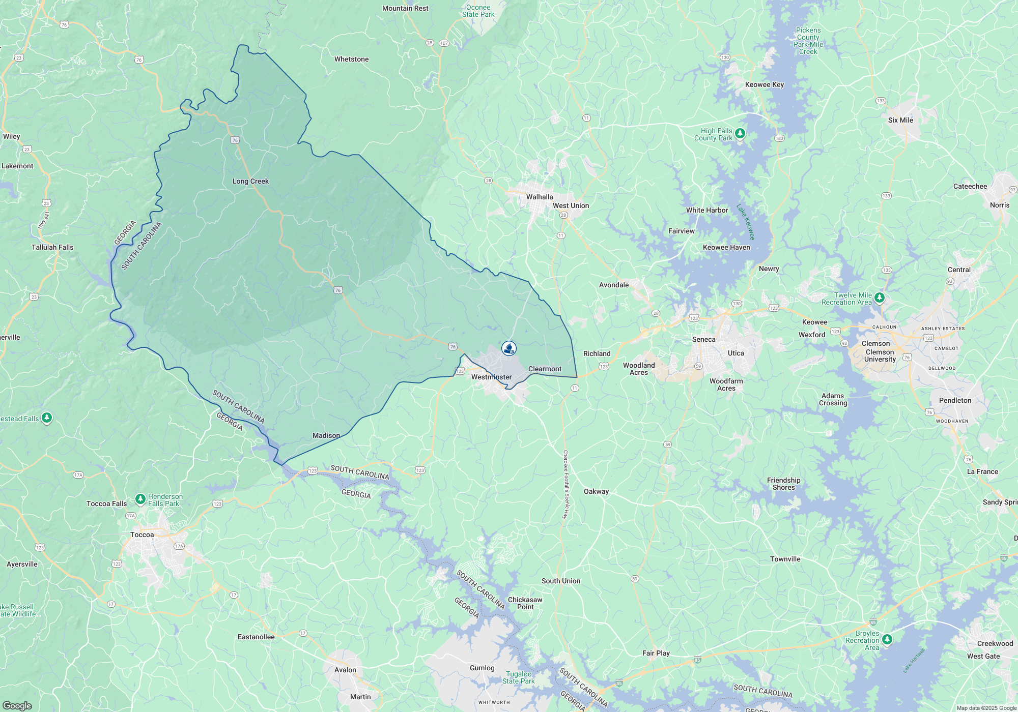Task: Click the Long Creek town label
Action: click(250, 182)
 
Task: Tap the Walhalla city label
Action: click(540, 197)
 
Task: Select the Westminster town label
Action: click(491, 377)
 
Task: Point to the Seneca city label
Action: click(703, 340)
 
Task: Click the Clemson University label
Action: click(880, 355)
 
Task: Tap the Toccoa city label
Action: click(142, 535)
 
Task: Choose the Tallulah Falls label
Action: click(52, 248)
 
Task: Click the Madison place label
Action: click(326, 436)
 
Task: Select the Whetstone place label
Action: click(351, 60)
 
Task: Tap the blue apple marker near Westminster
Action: click(509, 348)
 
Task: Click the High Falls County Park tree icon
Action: click(740, 134)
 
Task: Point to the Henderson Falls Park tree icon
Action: click(140, 499)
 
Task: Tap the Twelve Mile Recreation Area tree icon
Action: click(880, 298)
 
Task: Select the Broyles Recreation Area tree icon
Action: click(887, 639)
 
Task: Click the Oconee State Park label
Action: click(478, 11)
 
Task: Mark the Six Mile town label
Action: click(900, 121)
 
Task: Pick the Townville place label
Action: click(785, 559)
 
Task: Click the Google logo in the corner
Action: click(17, 706)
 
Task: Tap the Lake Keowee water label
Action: click(746, 222)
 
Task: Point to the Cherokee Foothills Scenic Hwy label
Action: click(565, 485)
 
